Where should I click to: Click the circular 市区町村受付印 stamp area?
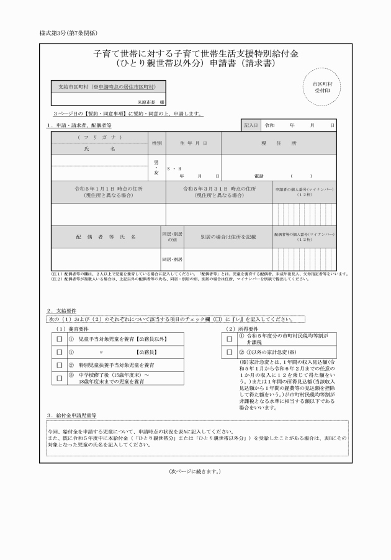point(323,87)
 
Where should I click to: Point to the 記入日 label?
point(251,125)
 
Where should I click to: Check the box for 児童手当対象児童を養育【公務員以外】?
point(60,340)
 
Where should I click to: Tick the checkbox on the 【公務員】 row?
point(60,352)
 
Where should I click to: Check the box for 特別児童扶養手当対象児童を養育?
point(60,365)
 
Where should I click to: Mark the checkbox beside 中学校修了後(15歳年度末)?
point(60,378)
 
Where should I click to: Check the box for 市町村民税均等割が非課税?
point(229,339)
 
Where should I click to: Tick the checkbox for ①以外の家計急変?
point(229,353)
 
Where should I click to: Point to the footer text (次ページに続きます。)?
point(194,471)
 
